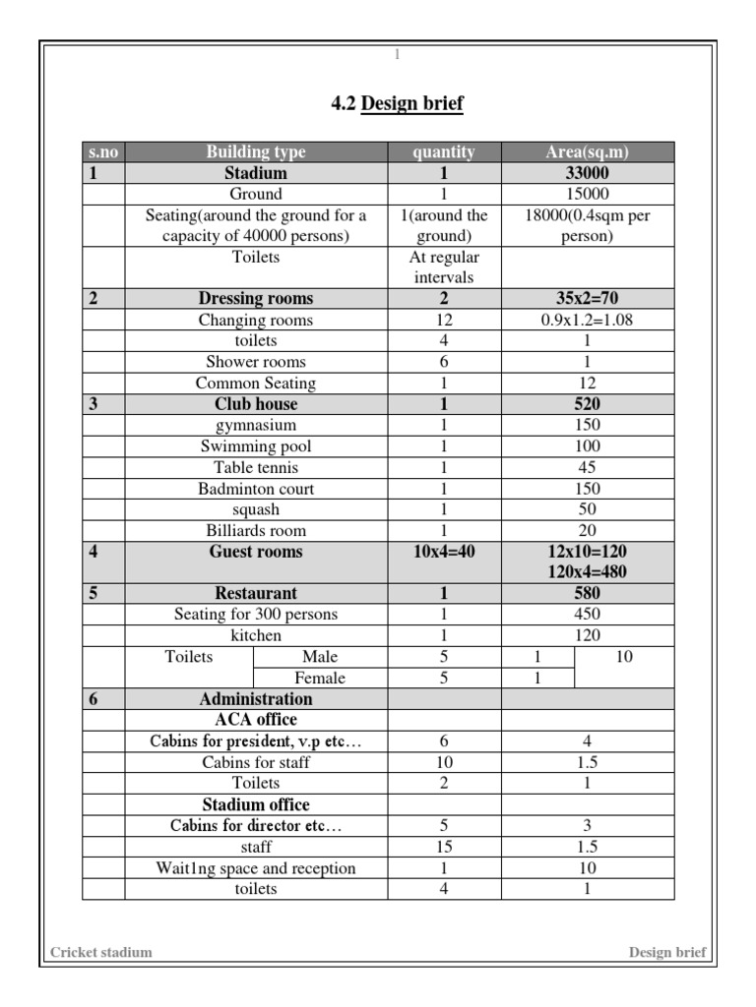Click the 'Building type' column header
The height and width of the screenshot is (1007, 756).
(x=256, y=152)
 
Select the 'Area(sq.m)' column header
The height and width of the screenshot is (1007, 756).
(x=588, y=152)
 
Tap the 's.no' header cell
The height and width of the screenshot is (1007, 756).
(x=102, y=152)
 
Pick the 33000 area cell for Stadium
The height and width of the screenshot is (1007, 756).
(x=588, y=173)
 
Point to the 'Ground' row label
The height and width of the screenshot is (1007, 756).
(x=256, y=194)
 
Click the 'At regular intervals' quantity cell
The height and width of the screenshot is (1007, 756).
(x=443, y=267)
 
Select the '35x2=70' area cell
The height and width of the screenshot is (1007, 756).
(x=588, y=299)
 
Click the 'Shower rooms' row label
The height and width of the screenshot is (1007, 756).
(x=256, y=362)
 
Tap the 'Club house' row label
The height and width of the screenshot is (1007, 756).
(x=256, y=404)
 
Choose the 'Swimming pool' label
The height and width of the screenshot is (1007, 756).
(x=256, y=446)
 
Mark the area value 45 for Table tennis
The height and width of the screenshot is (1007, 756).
(x=588, y=468)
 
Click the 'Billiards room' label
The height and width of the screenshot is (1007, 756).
(x=256, y=531)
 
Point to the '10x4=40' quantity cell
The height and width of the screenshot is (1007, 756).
(x=444, y=553)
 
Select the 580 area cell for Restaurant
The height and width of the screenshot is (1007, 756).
(x=588, y=594)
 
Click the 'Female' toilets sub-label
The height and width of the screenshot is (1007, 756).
(x=320, y=678)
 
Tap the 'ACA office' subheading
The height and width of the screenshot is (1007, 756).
(x=256, y=720)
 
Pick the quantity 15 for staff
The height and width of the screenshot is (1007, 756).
(x=444, y=847)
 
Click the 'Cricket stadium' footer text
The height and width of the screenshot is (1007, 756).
(x=101, y=952)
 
